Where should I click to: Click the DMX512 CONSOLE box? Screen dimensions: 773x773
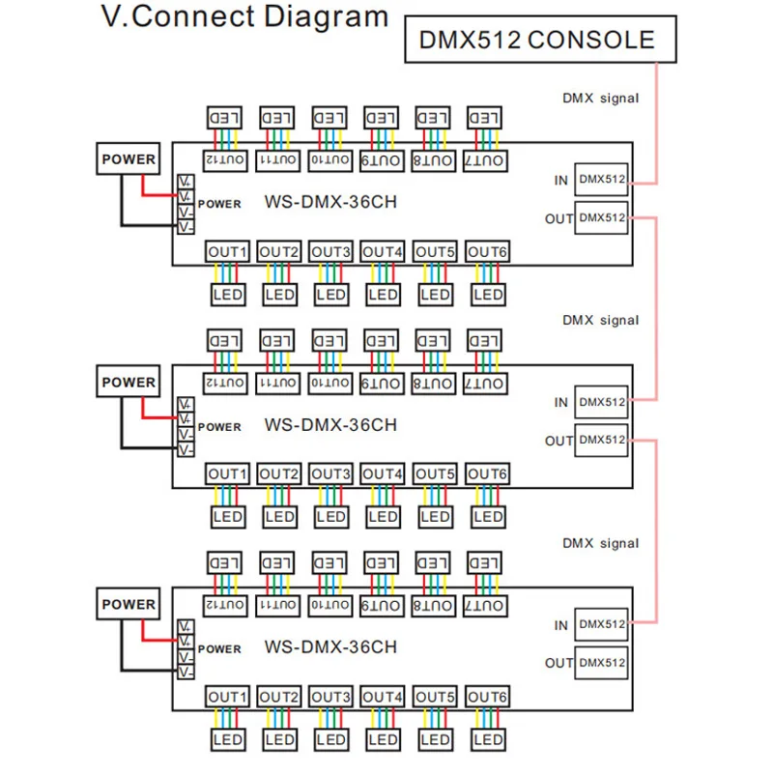tap(536, 40)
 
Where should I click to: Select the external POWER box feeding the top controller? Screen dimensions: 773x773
tap(129, 160)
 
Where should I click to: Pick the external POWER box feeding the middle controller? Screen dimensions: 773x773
tap(129, 383)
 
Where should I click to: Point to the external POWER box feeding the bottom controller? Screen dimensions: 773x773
tap(129, 605)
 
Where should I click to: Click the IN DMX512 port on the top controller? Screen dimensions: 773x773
tap(602, 179)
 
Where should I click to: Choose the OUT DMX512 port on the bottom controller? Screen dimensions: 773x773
tap(602, 663)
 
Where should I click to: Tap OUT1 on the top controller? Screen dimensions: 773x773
tap(227, 252)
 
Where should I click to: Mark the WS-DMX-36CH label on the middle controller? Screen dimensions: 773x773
tap(329, 425)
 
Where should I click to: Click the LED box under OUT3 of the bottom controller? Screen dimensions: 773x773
tap(330, 739)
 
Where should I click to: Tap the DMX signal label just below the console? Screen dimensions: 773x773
tap(600, 99)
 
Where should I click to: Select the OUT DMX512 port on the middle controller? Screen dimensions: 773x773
tap(602, 441)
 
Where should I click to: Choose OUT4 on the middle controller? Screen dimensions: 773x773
tap(383, 474)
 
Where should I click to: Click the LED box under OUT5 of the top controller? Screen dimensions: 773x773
tap(435, 294)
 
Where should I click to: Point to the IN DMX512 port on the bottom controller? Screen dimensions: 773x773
tap(602, 625)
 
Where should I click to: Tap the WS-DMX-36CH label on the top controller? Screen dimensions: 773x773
tap(329, 203)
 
